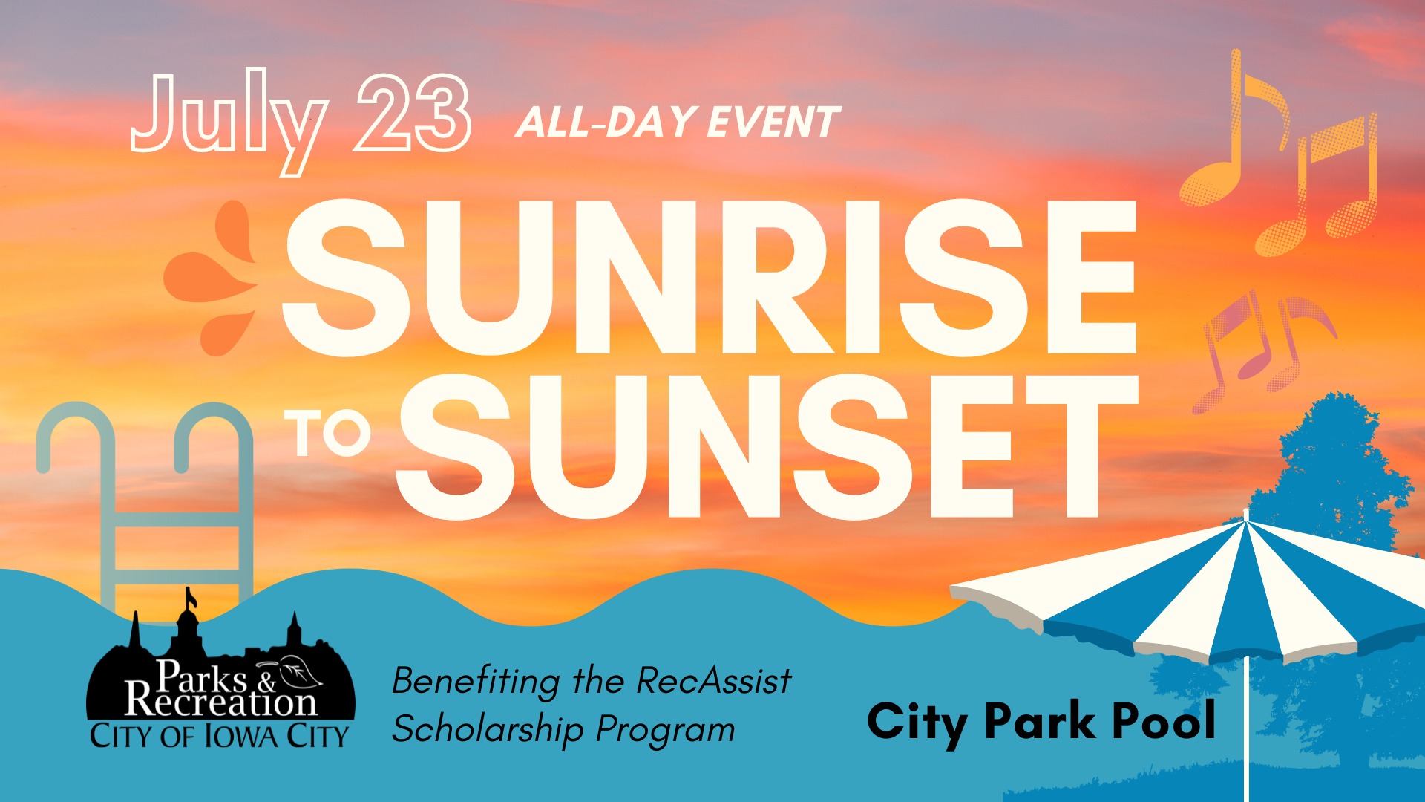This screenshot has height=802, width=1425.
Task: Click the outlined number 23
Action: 413,113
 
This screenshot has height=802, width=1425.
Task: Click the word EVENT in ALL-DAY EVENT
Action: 773,123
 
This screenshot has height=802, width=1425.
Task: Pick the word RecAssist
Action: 714,680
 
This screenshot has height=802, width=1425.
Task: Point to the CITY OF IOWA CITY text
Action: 219,736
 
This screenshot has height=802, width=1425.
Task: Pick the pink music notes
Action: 1262,349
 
